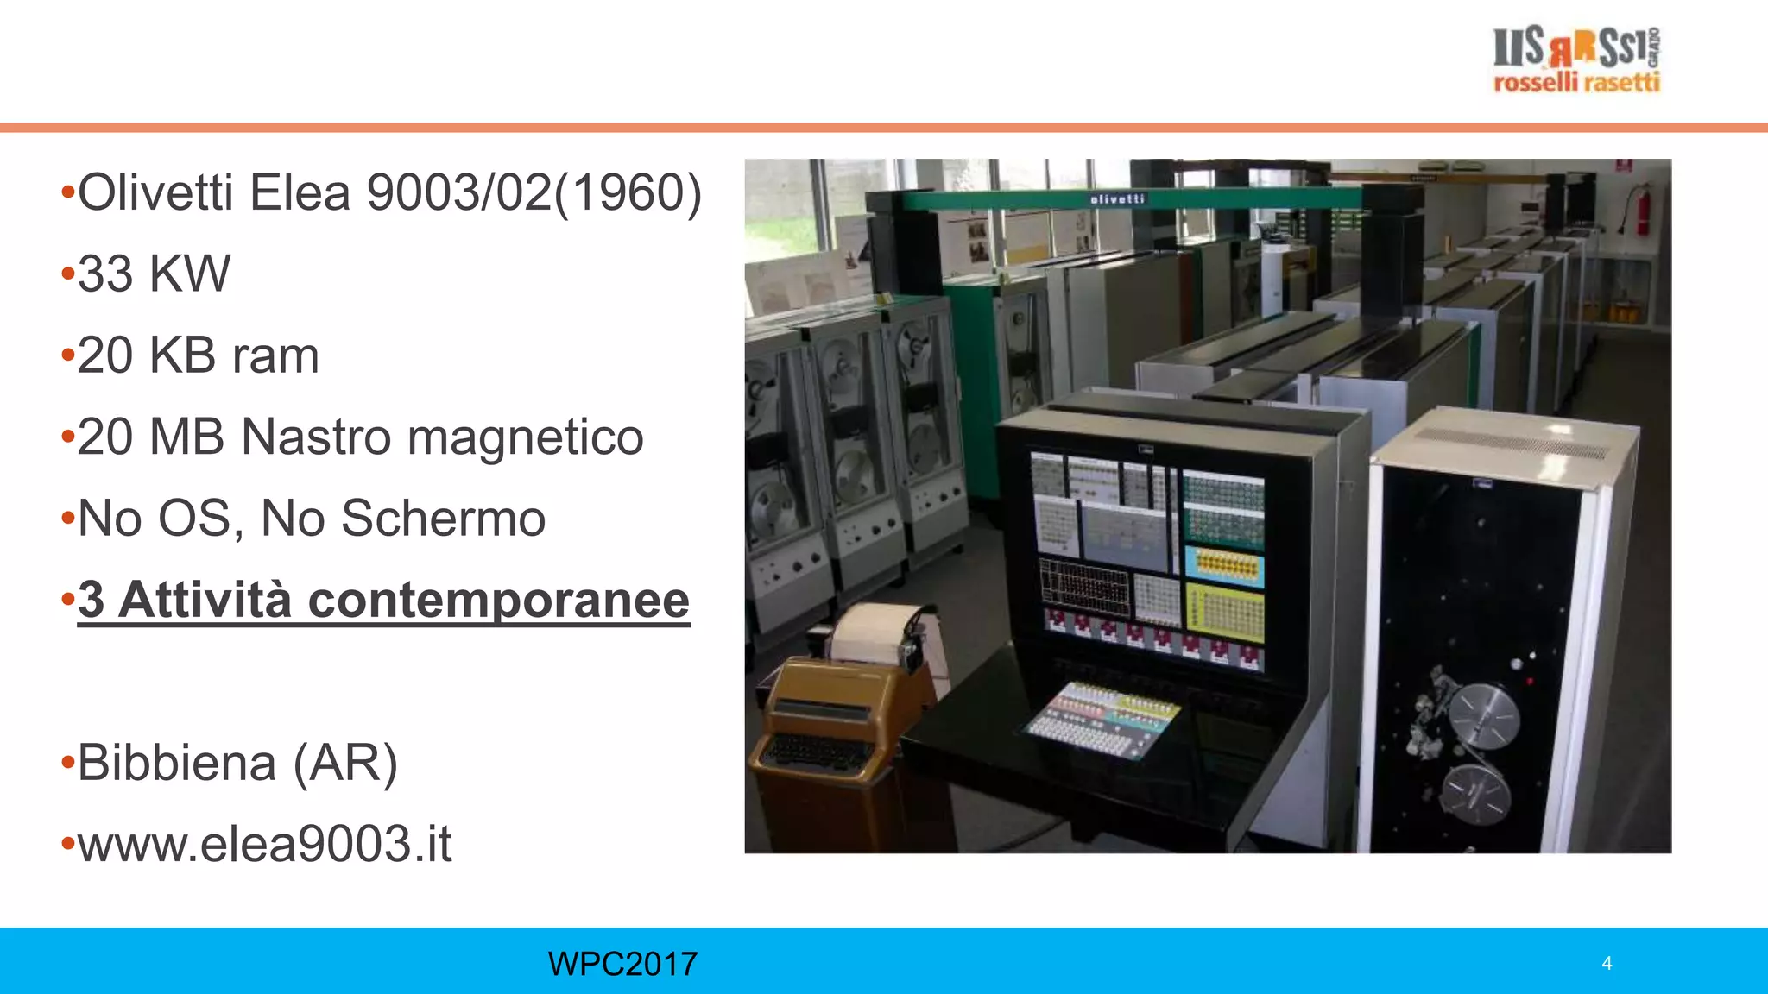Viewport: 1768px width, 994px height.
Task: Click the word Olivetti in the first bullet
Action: [155, 192]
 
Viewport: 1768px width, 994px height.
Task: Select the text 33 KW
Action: [154, 274]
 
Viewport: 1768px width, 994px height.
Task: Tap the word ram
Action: [275, 355]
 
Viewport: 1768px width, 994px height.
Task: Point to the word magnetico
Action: [525, 437]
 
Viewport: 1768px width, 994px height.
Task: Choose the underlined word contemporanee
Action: [498, 600]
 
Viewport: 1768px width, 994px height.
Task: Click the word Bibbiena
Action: [177, 763]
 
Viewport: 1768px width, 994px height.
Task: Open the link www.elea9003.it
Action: [264, 844]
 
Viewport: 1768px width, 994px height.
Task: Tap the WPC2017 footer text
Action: [622, 964]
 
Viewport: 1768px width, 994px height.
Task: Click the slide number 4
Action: [1607, 963]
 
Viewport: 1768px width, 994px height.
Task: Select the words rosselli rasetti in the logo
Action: [1576, 83]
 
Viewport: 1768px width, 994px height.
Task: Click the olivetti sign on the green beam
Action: [1117, 199]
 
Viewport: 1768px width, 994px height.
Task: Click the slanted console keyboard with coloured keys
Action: [1101, 720]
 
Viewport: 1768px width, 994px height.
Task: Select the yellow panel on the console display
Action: [1224, 611]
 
